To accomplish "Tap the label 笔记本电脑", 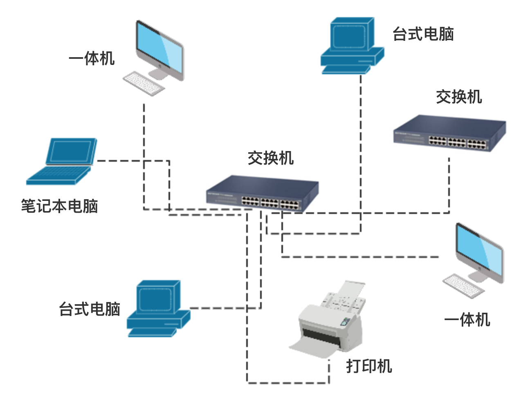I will (59, 206).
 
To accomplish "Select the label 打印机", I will (369, 366).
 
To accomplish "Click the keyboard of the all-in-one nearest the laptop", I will (144, 84).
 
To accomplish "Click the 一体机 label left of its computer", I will (92, 58).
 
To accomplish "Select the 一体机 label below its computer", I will (467, 320).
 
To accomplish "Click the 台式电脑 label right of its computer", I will (423, 34).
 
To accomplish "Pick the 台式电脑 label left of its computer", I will (90, 309).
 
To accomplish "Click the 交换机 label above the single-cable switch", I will (458, 97).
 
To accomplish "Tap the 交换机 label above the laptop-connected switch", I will (270, 158).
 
